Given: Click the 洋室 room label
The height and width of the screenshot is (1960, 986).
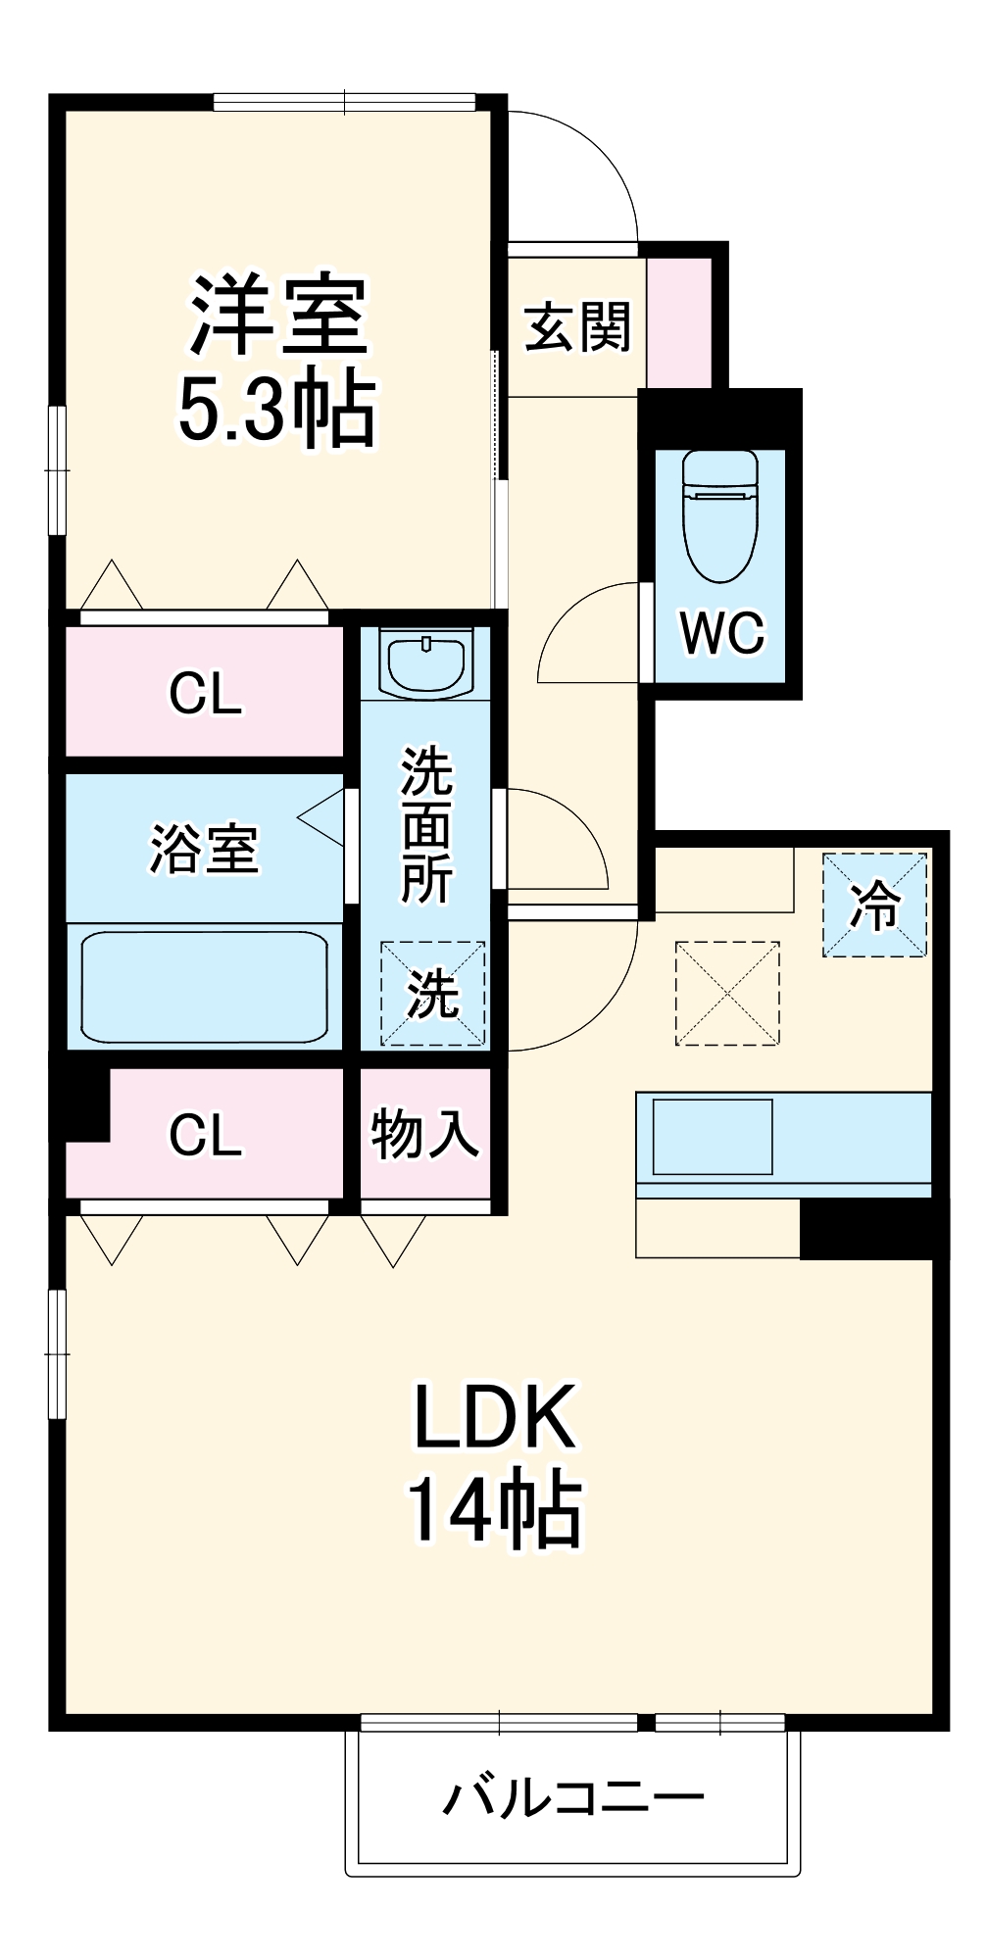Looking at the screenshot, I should click(x=278, y=316).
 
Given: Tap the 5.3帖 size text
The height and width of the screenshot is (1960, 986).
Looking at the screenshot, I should click(x=276, y=409).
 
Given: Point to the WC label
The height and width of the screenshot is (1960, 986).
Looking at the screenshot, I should click(x=722, y=633).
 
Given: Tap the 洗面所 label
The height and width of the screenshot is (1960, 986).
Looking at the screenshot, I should click(x=426, y=825).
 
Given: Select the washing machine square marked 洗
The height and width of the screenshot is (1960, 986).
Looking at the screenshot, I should click(x=432, y=993).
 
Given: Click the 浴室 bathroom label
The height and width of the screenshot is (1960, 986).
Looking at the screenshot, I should click(x=204, y=849).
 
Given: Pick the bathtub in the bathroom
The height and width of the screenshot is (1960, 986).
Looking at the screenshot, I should click(x=204, y=986).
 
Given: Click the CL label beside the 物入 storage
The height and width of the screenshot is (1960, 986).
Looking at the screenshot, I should click(x=205, y=1135).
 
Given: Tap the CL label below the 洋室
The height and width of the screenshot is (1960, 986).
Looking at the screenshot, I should click(x=205, y=694).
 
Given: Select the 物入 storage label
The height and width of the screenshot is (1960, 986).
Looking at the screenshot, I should click(x=424, y=1135).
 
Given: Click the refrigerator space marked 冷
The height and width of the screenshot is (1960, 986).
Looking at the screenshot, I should click(x=874, y=906).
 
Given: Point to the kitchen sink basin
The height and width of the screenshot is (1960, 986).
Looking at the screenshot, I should click(x=713, y=1137).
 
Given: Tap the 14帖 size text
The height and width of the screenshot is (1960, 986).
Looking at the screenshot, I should click(x=495, y=1510).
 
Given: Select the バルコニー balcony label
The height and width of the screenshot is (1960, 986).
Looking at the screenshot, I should click(x=573, y=1798).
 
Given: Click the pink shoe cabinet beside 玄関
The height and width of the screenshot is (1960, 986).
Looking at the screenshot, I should click(x=679, y=321).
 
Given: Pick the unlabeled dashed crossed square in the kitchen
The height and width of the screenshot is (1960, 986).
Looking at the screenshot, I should click(x=727, y=993).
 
